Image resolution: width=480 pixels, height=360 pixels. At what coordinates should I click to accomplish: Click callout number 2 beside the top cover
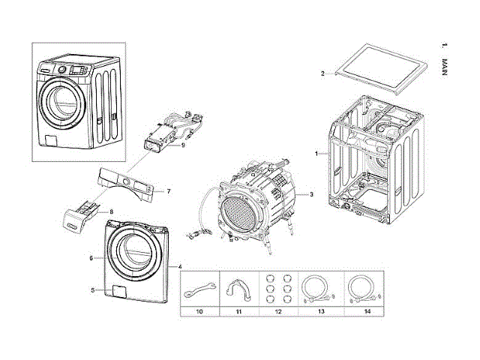(x=322, y=73)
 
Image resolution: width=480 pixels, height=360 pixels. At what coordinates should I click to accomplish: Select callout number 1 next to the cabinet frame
(x=316, y=154)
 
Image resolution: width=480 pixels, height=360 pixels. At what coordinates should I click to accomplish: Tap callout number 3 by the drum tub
(x=312, y=194)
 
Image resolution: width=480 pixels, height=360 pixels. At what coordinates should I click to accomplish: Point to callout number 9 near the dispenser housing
(x=183, y=145)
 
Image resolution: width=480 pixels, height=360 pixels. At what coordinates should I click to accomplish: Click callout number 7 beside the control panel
(x=169, y=191)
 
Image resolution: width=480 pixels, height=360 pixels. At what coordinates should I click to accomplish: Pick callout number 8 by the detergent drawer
(x=112, y=211)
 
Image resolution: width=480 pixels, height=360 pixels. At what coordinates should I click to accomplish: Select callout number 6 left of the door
(x=91, y=258)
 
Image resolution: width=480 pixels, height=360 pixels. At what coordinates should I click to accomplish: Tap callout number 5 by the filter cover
(x=93, y=290)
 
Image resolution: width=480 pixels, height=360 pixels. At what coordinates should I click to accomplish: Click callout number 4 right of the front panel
(x=180, y=267)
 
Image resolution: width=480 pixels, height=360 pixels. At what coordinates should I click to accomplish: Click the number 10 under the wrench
(x=199, y=311)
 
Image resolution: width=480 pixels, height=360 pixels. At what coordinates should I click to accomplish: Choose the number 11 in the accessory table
(x=238, y=311)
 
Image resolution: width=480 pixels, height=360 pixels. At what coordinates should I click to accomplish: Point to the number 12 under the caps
(x=278, y=311)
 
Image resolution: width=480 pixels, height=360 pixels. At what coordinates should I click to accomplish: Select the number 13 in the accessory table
(x=321, y=311)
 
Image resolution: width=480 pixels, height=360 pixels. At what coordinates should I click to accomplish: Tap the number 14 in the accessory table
(x=367, y=311)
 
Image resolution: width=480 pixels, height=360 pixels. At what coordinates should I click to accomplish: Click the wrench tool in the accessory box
(x=199, y=290)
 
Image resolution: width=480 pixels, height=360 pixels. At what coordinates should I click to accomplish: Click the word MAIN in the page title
(x=445, y=67)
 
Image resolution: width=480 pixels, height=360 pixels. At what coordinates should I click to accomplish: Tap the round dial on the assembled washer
(x=61, y=70)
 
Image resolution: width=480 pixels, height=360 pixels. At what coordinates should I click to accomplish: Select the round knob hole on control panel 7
(x=126, y=181)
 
